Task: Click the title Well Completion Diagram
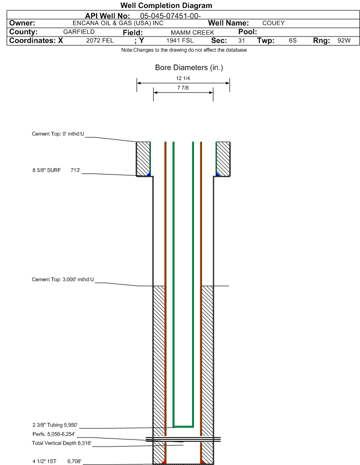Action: [166, 6]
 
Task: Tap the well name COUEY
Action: [273, 23]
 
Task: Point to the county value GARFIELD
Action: [79, 32]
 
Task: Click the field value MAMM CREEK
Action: [192, 32]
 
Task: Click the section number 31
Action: [241, 41]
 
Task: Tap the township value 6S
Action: [293, 41]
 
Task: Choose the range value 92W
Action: [344, 41]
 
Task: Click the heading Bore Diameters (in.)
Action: [189, 68]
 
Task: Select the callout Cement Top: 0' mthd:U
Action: [58, 134]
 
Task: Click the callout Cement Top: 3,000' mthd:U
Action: [63, 280]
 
